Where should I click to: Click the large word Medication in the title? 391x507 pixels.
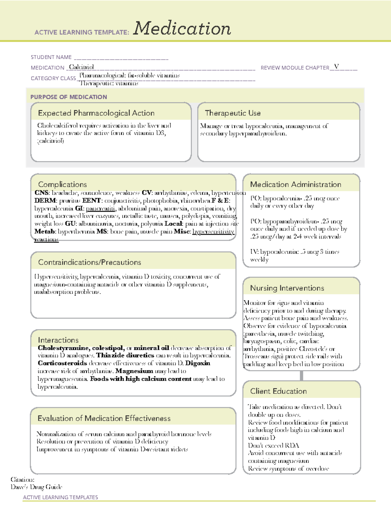(x=182, y=28)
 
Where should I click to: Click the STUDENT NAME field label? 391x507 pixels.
(x=51, y=57)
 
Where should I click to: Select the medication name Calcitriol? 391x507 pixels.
(x=81, y=67)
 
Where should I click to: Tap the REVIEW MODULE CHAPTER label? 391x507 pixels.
(x=295, y=68)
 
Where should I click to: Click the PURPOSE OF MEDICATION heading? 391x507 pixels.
(x=68, y=97)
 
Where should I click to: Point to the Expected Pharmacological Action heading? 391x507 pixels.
(x=96, y=113)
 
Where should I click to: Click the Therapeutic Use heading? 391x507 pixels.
(x=233, y=113)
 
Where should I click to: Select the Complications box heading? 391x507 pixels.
(x=62, y=184)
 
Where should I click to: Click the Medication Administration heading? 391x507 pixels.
(x=296, y=184)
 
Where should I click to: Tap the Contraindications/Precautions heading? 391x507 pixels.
(x=90, y=262)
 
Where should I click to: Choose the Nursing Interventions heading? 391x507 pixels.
(x=287, y=288)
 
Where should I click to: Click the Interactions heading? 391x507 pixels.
(x=58, y=340)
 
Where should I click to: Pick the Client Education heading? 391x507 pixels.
(x=278, y=391)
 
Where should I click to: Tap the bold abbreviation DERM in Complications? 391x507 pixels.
(x=45, y=201)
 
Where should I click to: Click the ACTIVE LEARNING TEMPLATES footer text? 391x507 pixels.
(x=60, y=497)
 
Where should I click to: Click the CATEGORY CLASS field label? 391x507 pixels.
(x=53, y=78)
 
